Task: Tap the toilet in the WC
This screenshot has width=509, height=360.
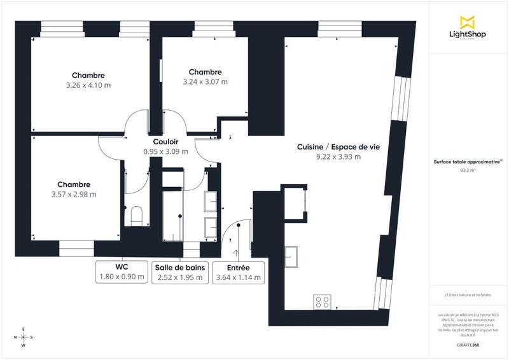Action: point(134,216)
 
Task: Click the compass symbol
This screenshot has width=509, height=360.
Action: point(24,337)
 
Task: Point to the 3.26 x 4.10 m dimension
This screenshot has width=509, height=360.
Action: point(88,85)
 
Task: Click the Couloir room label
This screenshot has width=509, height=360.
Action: point(165,142)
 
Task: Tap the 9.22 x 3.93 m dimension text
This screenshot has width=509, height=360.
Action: point(338,157)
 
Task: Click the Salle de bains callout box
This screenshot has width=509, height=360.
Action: point(179,272)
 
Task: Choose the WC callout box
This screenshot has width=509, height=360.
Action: point(122,272)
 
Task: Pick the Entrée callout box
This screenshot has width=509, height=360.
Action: point(238,272)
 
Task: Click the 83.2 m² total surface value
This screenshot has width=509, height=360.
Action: point(468,170)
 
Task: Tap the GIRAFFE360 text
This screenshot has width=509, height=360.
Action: point(468,344)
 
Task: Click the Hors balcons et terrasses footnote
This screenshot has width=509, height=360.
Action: point(468,294)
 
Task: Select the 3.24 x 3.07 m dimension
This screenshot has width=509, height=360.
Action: point(205,81)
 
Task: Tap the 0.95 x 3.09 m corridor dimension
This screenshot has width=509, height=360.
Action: point(165,152)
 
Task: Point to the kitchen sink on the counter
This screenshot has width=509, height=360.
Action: point(295,256)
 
